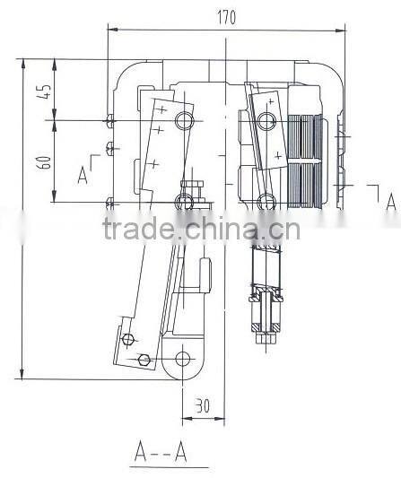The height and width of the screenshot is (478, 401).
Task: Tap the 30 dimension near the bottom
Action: [x=201, y=404]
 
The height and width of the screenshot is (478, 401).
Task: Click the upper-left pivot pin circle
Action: [x=185, y=119]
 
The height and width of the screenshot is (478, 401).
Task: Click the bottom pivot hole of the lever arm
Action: [x=184, y=360]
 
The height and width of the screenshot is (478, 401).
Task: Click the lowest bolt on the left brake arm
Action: [x=144, y=361]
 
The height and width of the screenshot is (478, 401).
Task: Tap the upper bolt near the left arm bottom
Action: [x=128, y=338]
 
